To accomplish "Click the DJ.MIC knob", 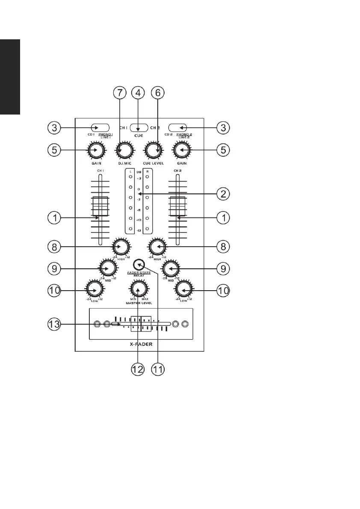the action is pos(124,150).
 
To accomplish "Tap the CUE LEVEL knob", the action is pos(152,150).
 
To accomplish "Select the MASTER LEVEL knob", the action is pos(138,289).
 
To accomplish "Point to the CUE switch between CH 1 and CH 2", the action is pos(139,127).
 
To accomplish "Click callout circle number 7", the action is pos(121,93).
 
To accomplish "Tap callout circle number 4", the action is pos(138,93).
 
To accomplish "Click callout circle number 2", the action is pos(223,194).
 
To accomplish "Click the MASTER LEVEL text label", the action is pos(138,303).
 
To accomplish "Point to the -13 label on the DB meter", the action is pos(138,230).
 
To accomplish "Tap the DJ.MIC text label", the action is pos(124,164).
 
